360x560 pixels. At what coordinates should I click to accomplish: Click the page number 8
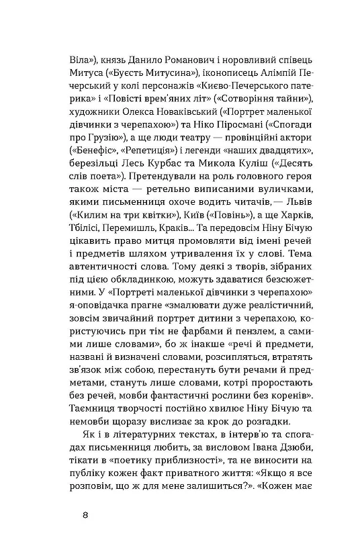point(83,516)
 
